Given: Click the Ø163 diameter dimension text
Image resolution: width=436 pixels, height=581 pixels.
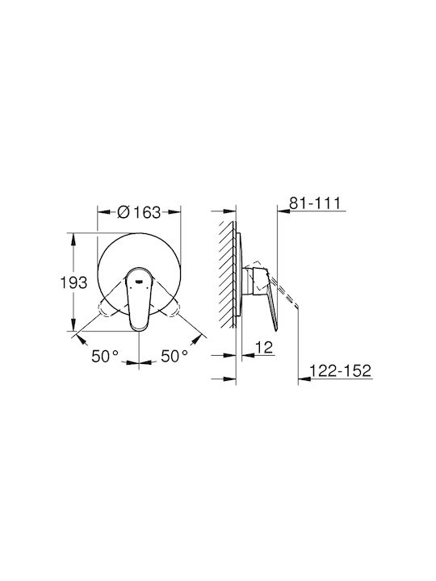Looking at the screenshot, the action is pyautogui.click(x=139, y=212).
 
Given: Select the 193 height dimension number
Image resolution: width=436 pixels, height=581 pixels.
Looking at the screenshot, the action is pyautogui.click(x=73, y=282).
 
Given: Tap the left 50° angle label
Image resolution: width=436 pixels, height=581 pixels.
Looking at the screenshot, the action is pyautogui.click(x=105, y=357).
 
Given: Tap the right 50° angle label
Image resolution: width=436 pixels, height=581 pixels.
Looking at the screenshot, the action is pyautogui.click(x=174, y=357).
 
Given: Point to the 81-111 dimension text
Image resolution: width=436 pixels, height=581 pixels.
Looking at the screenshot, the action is pyautogui.click(x=314, y=203).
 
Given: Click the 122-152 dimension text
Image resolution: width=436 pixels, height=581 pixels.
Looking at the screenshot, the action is pyautogui.click(x=341, y=370).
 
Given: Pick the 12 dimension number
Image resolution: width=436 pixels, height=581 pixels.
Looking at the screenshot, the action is pyautogui.click(x=264, y=348).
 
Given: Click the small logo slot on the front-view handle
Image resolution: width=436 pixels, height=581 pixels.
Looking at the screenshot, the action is pyautogui.click(x=139, y=281).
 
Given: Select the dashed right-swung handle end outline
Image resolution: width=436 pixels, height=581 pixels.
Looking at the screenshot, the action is pyautogui.click(x=171, y=308).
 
